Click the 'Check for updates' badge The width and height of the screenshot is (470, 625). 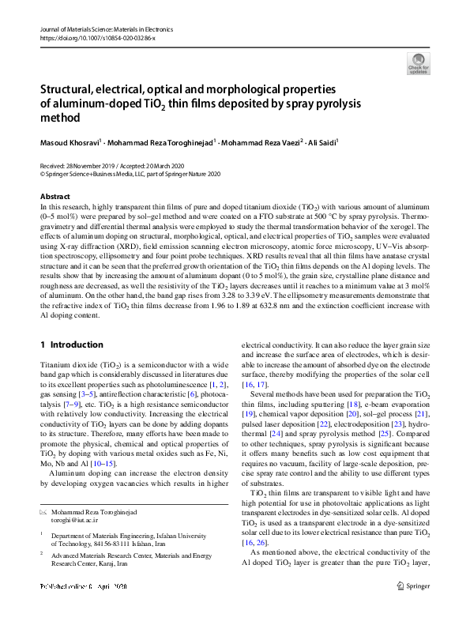pyautogui.click(x=418, y=62)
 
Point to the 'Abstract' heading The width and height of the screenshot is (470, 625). pyautogui.click(x=55, y=196)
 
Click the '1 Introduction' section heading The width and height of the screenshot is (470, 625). pyautogui.click(x=71, y=345)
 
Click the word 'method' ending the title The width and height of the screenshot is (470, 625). pyautogui.click(x=60, y=119)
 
